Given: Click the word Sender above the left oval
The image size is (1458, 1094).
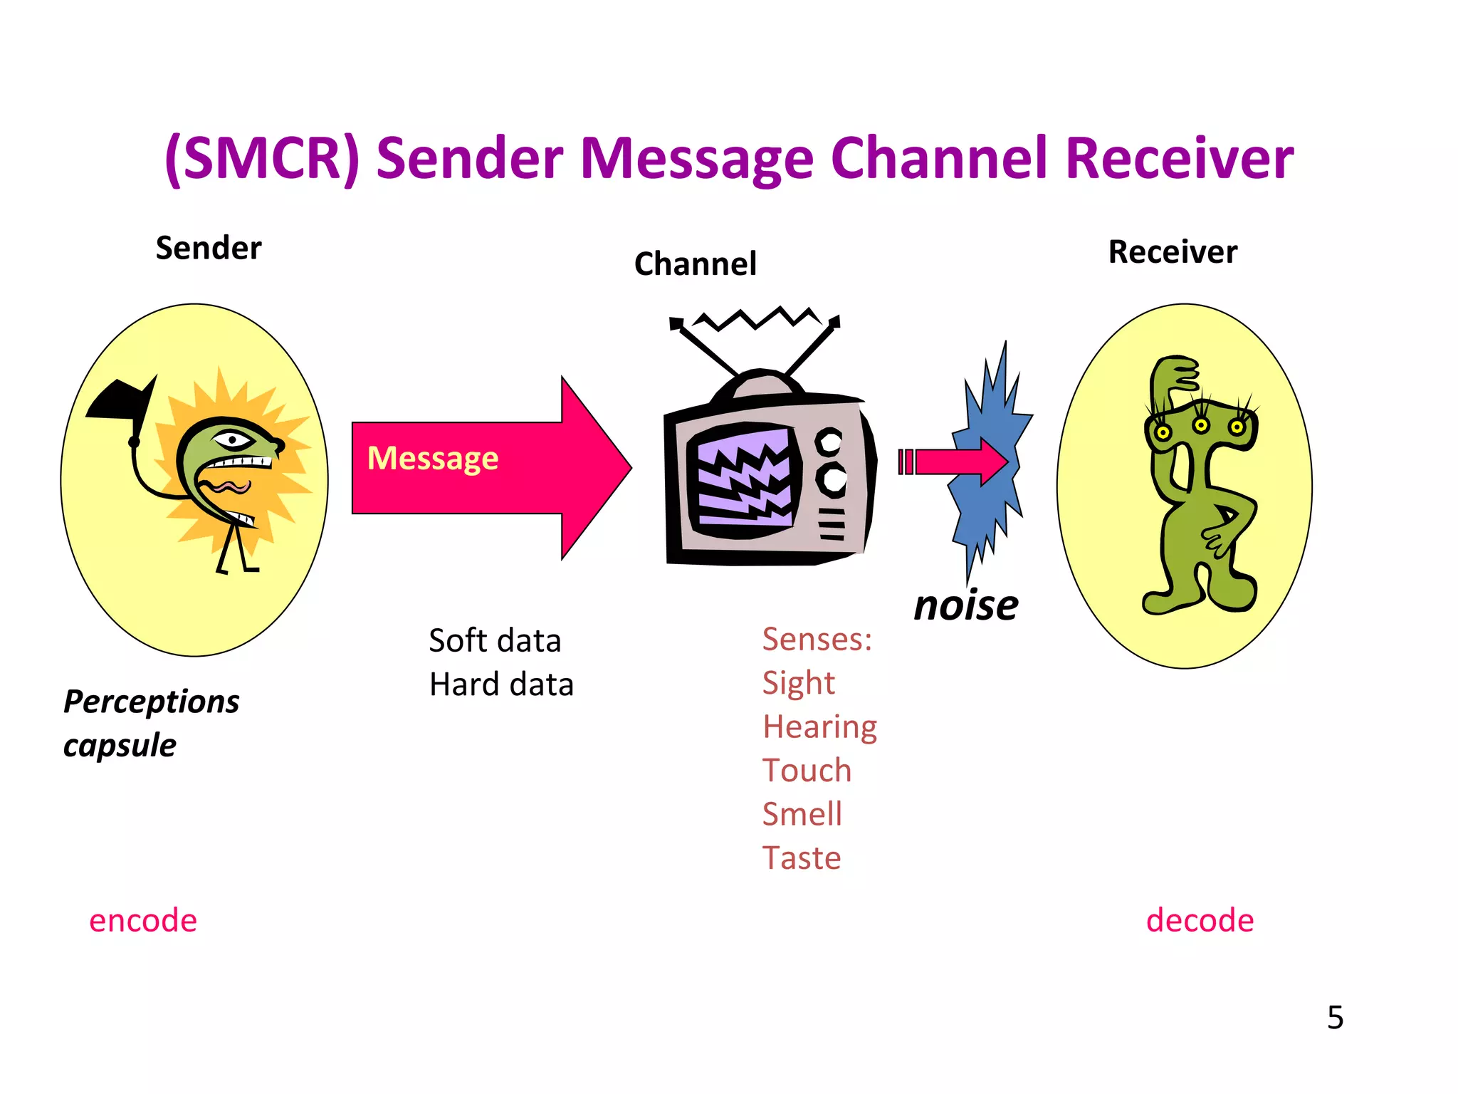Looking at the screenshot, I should [209, 249].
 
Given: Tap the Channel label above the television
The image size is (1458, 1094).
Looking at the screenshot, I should [695, 264].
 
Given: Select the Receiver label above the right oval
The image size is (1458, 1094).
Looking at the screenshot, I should [1173, 252].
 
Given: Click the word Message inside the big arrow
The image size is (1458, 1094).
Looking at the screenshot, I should [433, 458].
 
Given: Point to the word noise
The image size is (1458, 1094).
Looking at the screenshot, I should [966, 605].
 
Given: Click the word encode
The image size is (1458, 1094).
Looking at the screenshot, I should [143, 920].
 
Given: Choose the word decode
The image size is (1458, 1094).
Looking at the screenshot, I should [1200, 920].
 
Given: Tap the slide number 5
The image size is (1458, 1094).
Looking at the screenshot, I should [1335, 1017].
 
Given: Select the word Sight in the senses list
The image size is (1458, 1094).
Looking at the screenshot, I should [798, 683].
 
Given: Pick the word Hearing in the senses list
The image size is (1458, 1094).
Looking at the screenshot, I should [819, 727].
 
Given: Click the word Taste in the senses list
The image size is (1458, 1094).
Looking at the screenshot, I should [802, 858].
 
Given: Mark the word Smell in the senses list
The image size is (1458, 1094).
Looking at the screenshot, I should [802, 814].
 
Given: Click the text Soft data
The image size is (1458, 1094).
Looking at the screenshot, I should [495, 641].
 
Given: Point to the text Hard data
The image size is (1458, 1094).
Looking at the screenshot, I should [501, 684].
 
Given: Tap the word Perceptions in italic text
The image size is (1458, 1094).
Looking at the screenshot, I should [152, 702].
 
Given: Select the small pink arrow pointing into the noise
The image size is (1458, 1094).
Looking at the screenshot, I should [958, 462].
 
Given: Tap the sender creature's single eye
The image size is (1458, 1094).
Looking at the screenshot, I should [232, 439].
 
